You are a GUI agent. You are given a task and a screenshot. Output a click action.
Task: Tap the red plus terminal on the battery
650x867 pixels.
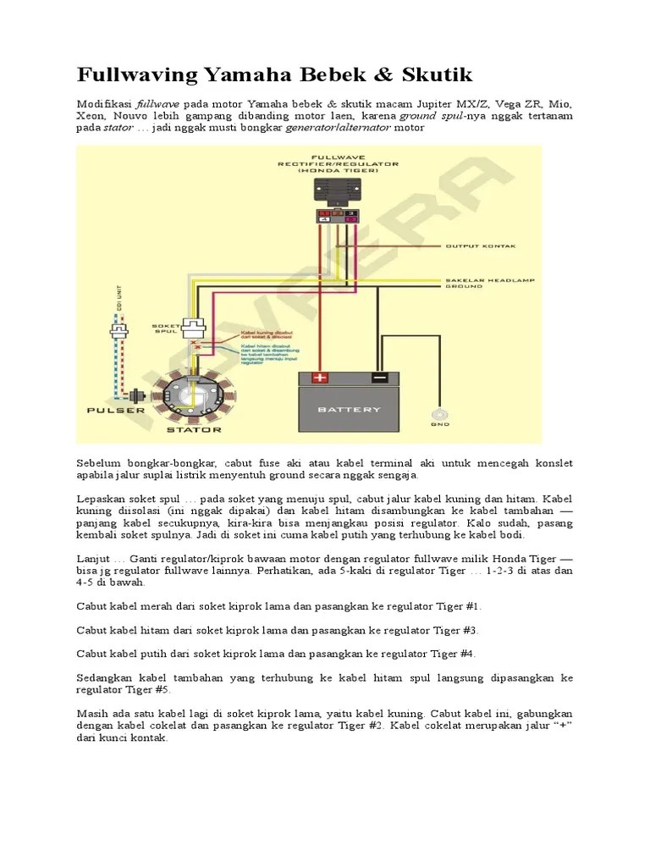[321, 378]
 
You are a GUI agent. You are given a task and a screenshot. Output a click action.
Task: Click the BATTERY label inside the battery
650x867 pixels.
[350, 411]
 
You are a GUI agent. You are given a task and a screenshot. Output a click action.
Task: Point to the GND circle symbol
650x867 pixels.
[439, 414]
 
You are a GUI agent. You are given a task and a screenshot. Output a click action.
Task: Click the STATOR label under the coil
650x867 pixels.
[194, 429]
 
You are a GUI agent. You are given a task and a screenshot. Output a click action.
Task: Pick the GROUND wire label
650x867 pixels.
[466, 288]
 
